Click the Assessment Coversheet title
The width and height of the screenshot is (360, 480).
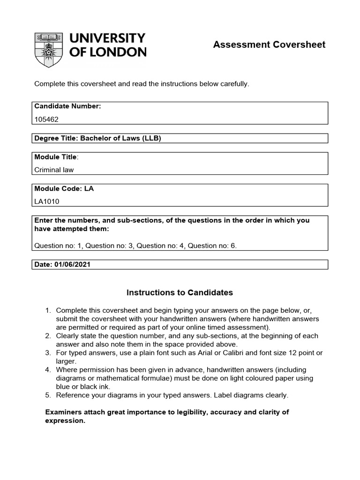(x=269, y=45)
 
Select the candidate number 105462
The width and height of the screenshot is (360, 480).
(x=47, y=119)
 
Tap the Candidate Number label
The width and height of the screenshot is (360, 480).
(x=67, y=106)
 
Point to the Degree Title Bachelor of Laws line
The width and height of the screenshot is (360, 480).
(x=98, y=138)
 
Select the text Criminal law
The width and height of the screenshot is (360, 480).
(x=54, y=170)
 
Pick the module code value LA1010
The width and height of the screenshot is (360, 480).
(x=47, y=202)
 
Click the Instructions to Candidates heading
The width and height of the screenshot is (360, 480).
(x=180, y=292)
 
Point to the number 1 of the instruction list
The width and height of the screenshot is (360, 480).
(x=47, y=310)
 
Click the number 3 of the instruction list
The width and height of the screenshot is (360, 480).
(x=47, y=352)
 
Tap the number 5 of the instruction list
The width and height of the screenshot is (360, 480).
(x=47, y=395)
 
